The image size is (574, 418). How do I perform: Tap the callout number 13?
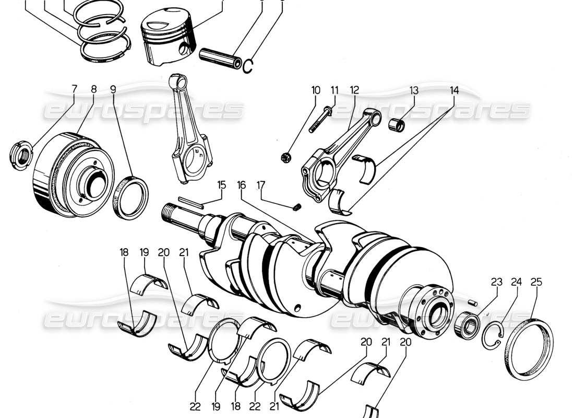(414, 90)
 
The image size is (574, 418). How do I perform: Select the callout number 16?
(241, 185)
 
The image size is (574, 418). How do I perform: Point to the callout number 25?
(536, 282)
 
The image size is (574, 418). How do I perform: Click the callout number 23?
(496, 282)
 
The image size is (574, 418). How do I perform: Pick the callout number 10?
(316, 90)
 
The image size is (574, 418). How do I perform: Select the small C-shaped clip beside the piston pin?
(249, 65)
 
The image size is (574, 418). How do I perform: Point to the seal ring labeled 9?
(130, 198)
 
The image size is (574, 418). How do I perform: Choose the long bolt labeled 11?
(319, 120)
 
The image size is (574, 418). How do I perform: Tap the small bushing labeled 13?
(399, 125)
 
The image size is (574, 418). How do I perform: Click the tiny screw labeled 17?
(297, 207)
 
